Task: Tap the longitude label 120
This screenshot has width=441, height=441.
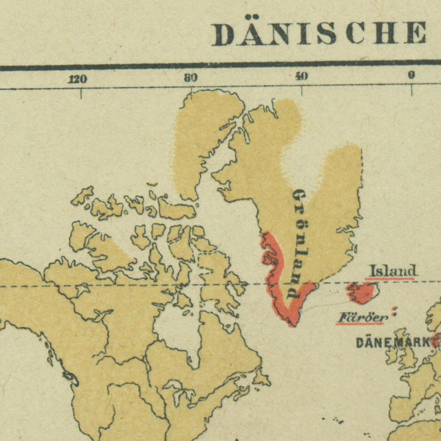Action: (x=77, y=79)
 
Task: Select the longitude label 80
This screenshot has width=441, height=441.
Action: (x=191, y=78)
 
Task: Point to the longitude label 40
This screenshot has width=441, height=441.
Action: (x=301, y=77)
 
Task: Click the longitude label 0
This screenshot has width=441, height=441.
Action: (x=411, y=75)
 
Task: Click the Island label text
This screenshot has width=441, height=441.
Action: (x=392, y=270)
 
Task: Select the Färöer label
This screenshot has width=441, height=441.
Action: (x=363, y=317)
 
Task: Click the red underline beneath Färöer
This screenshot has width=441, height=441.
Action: (x=360, y=324)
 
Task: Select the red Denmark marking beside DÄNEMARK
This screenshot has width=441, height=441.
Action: (x=436, y=340)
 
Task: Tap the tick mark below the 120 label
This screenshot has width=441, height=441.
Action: (x=81, y=93)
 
